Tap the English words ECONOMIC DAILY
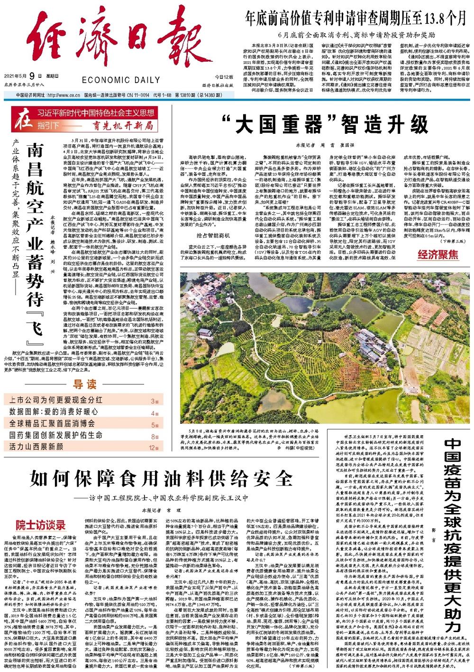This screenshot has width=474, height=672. point(120,80)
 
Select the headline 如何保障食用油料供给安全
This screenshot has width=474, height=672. point(160,478)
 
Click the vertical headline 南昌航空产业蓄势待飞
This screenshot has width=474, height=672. point(35,244)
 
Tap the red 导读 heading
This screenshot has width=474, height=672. point(84,384)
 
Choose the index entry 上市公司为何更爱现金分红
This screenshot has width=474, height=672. point(56,400)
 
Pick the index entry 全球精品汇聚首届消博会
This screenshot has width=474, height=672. point(52,423)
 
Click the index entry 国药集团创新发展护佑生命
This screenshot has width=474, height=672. point(55,435)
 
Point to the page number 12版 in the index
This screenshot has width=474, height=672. point(154,448)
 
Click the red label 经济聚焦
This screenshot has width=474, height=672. point(438,255)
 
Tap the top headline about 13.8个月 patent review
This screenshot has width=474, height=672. point(355,19)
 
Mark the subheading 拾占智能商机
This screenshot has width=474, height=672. point(213,235)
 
